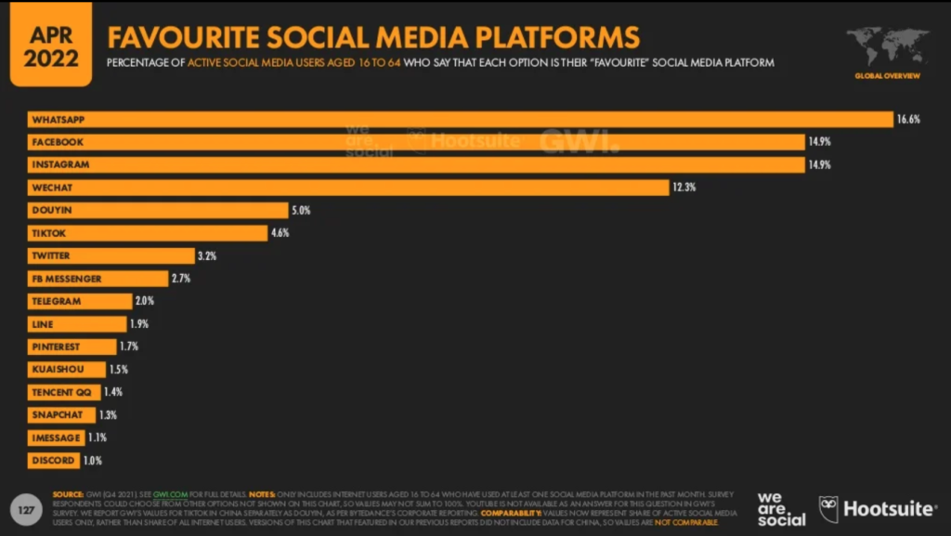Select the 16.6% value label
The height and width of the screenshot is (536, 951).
[907, 120]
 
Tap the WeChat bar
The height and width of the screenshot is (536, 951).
[347, 188]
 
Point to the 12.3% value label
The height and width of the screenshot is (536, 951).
[684, 188]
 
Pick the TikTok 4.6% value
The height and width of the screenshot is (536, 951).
[280, 233]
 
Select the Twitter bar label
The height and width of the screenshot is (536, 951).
[50, 255]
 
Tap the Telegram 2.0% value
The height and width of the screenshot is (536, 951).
[145, 301]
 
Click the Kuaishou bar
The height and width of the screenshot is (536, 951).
[65, 370]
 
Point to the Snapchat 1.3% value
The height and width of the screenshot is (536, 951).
[108, 415]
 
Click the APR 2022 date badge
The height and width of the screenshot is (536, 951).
[51, 45]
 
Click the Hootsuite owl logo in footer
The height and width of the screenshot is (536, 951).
[828, 508]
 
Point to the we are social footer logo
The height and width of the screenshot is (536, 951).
[781, 509]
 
